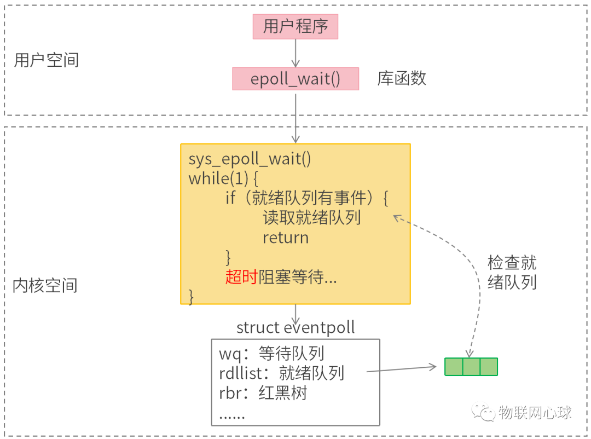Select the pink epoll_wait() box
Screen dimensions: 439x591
[296, 79]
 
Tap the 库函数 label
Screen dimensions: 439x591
[402, 79]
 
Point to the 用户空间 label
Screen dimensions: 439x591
[47, 60]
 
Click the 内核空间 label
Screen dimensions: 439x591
[45, 285]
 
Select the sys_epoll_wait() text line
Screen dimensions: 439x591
[250, 159]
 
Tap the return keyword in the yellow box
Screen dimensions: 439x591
[286, 238]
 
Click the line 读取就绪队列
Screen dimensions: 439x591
[311, 218]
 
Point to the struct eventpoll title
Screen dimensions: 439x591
[296, 328]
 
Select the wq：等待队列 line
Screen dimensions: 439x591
[272, 354]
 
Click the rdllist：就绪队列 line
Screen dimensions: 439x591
[281, 373]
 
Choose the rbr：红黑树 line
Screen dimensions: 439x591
[263, 393]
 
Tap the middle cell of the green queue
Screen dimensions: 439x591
[471, 367]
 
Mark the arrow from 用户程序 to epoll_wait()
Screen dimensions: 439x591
[296, 53]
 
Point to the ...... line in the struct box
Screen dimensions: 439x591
[232, 415]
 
